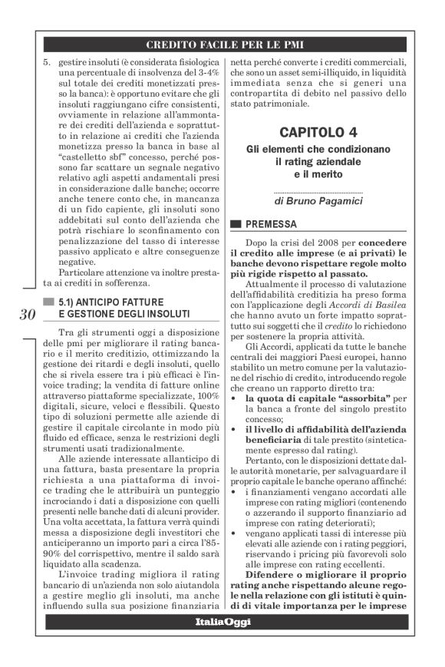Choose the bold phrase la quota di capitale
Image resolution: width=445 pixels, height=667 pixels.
click(x=294, y=399)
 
